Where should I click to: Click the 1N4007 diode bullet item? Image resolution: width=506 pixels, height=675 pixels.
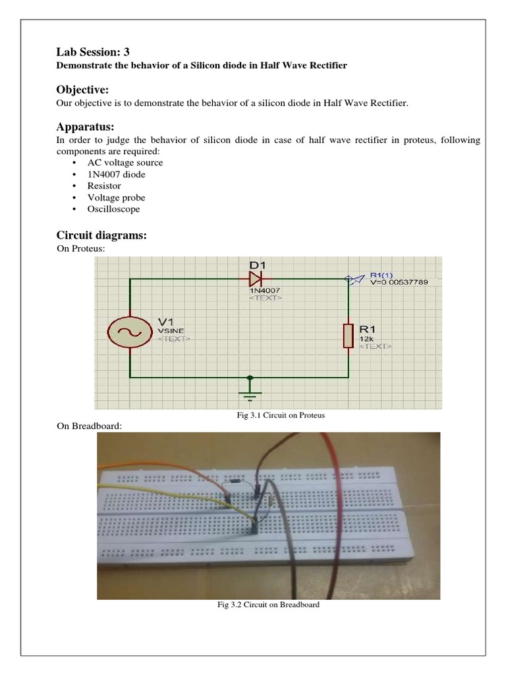pyautogui.click(x=117, y=174)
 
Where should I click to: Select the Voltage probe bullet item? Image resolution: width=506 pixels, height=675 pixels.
pyautogui.click(x=116, y=198)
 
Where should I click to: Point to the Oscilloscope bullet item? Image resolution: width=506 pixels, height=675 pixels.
pyautogui.click(x=113, y=209)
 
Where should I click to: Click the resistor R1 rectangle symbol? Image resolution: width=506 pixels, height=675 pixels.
pyautogui.click(x=348, y=335)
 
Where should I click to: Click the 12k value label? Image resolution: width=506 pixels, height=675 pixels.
pyautogui.click(x=366, y=337)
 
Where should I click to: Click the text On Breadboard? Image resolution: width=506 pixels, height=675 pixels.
pyautogui.click(x=90, y=426)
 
